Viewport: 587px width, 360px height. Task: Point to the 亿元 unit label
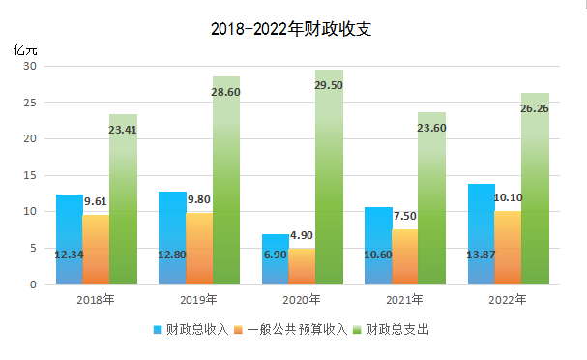coord(25,48)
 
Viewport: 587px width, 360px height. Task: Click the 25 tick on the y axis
coord(31,103)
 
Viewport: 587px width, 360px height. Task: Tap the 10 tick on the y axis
coord(31,211)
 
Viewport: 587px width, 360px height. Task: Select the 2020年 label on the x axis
coord(302,299)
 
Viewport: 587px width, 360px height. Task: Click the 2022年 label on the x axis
coord(508,299)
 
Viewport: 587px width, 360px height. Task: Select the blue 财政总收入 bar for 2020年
coord(275,259)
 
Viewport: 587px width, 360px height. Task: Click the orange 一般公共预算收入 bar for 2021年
coord(404,256)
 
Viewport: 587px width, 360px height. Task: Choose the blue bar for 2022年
coord(481,232)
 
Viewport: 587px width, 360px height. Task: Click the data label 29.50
coord(329,85)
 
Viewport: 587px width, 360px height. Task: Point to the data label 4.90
coord(303,235)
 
